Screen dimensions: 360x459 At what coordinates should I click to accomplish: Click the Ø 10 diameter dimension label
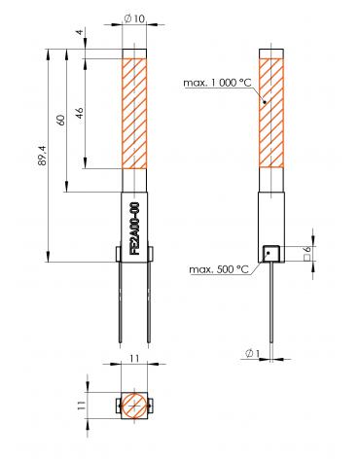134,18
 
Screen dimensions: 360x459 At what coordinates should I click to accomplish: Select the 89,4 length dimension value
43,156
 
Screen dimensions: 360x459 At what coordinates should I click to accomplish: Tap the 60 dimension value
60,120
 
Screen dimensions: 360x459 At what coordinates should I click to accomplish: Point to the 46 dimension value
80,113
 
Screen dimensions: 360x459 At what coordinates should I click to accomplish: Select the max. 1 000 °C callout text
217,83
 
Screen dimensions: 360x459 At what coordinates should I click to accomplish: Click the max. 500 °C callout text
219,269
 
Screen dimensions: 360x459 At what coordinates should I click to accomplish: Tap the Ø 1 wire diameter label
253,353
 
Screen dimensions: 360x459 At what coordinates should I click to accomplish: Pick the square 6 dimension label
307,254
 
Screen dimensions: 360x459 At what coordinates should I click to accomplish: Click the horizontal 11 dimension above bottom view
134,359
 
